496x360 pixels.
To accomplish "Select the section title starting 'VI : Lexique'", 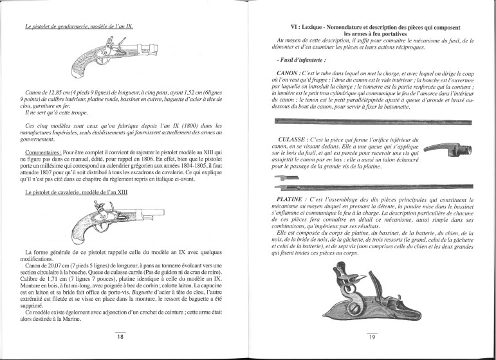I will coord(369,29).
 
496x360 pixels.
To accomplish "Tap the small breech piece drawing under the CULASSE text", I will coord(283,177).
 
